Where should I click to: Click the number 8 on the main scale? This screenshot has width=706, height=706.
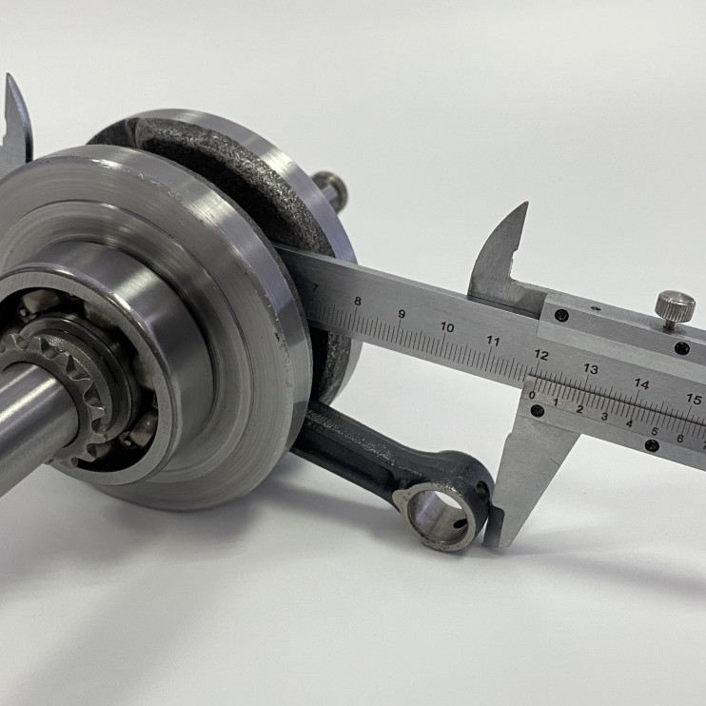358,302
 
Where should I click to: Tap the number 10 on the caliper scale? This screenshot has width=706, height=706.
447,327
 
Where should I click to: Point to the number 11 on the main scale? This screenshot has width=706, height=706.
494,342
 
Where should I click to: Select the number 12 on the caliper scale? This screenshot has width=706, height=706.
540,355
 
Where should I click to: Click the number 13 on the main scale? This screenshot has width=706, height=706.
590,370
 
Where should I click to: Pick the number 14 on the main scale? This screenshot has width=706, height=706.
641,384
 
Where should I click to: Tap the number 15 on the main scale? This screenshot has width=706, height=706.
694,399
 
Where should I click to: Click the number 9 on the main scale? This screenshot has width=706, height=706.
402,314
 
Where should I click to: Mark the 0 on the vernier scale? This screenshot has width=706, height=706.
532,395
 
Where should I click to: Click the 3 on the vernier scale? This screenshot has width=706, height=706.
604,417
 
